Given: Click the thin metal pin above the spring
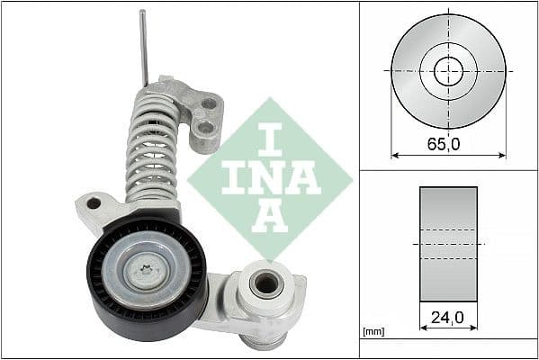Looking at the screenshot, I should (143, 45).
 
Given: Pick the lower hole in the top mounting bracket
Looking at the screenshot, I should (205, 128).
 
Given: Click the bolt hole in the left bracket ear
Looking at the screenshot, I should (94, 203).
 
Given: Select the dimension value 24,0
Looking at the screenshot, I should (448, 317).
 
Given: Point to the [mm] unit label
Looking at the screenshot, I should (374, 332).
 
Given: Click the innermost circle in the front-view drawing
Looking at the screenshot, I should (448, 70).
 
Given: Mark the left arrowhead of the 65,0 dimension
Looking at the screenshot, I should (394, 155).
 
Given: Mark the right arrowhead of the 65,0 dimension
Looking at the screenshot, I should (502, 155).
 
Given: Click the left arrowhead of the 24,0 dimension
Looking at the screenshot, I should (423, 328).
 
